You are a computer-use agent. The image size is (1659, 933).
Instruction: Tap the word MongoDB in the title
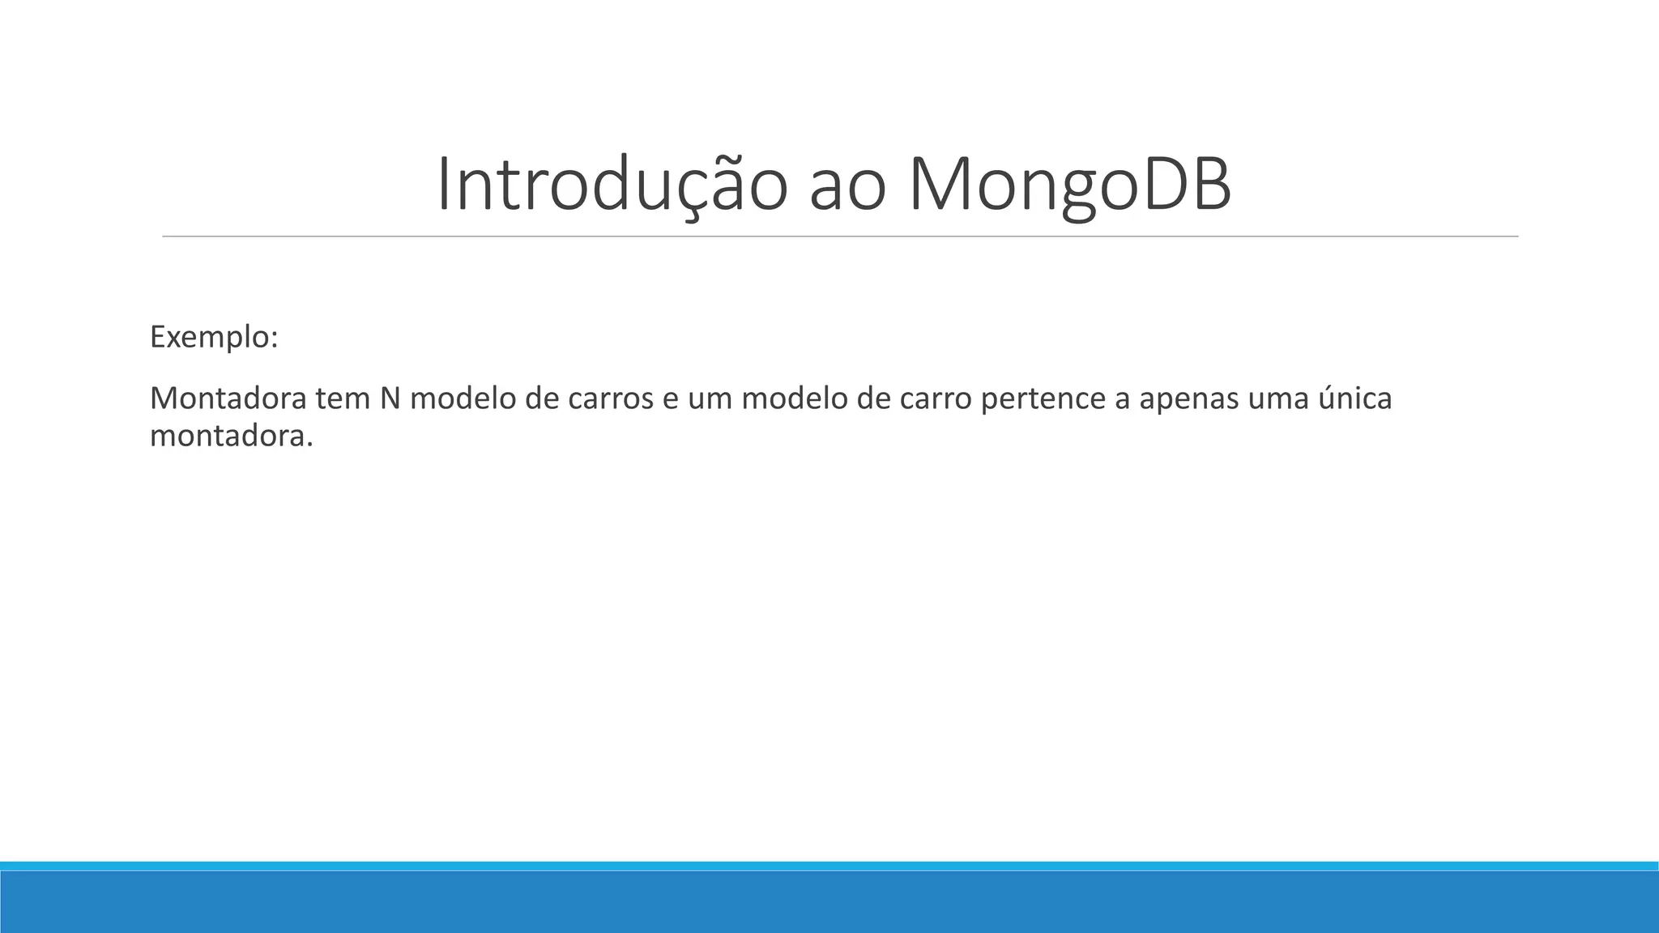[x=1069, y=185]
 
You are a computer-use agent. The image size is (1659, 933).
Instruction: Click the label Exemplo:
[x=214, y=337]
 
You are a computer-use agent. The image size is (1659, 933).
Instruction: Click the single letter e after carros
[x=671, y=398]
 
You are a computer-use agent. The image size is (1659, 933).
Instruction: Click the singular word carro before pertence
[x=936, y=398]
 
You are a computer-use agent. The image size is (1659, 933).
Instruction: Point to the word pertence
[x=1043, y=398]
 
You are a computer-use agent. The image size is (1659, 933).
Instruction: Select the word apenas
[x=1189, y=398]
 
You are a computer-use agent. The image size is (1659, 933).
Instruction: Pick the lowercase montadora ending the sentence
[x=231, y=437]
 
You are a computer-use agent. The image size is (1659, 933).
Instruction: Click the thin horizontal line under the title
[x=840, y=236]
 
